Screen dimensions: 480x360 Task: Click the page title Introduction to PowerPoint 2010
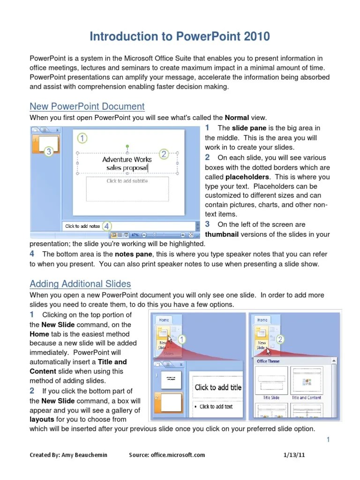pyautogui.click(x=180, y=37)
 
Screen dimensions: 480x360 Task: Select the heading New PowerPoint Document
pyautogui.click(x=87, y=106)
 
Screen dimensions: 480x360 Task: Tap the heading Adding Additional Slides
pyautogui.click(x=80, y=284)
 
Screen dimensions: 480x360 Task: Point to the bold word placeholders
pyautogui.click(x=247, y=177)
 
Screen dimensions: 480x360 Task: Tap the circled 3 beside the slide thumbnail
pyautogui.click(x=49, y=150)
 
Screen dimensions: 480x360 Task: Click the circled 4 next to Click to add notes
pyautogui.click(x=107, y=226)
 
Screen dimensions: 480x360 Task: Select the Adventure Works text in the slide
pyautogui.click(x=127, y=159)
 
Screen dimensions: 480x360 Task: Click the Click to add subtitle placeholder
pyautogui.click(x=127, y=181)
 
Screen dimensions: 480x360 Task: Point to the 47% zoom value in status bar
pyautogui.click(x=135, y=234)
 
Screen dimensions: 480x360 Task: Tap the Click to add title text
pyautogui.click(x=218, y=387)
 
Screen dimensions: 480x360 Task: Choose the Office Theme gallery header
pyautogui.click(x=268, y=361)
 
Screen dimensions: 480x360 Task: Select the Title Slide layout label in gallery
pyautogui.click(x=270, y=397)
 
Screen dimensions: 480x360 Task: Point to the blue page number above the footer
pyautogui.click(x=329, y=439)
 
